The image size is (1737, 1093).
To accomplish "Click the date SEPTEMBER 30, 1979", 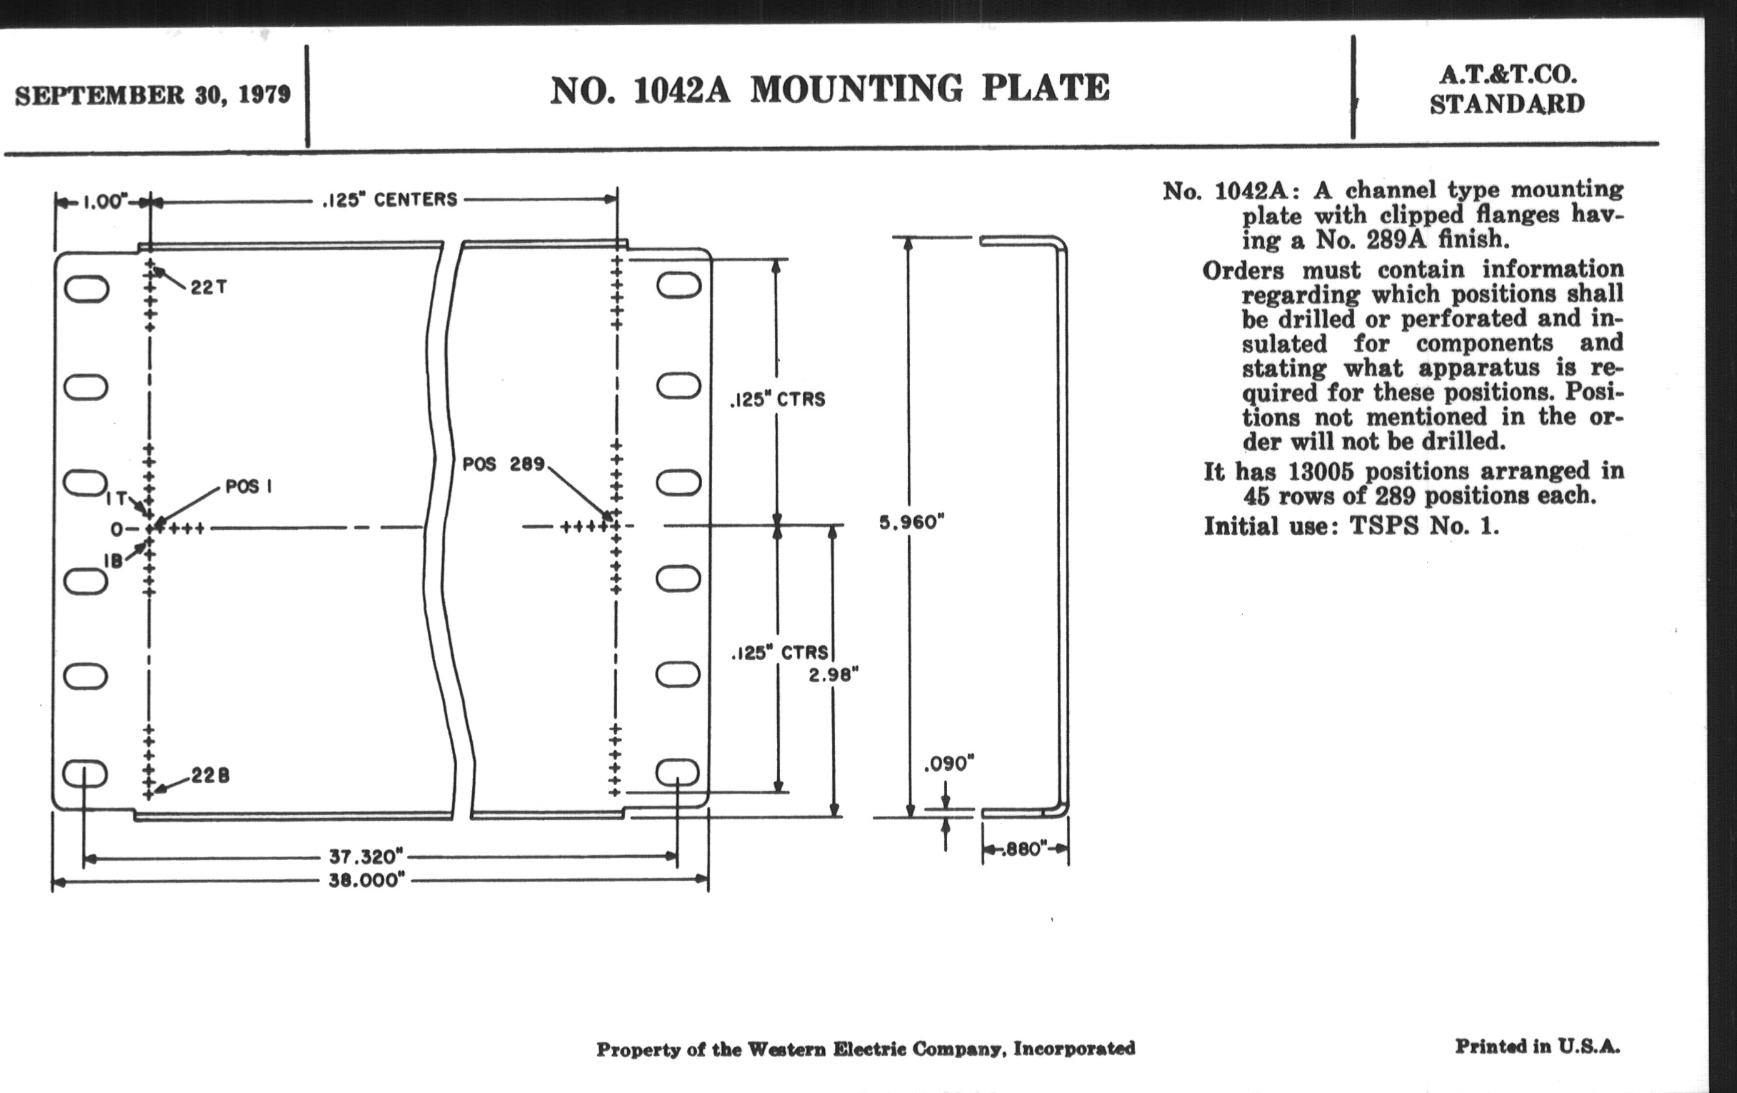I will pos(152,95).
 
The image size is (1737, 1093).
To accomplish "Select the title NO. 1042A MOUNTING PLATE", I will pos(829,89).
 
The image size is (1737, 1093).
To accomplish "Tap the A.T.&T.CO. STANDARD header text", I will pos(1508,89).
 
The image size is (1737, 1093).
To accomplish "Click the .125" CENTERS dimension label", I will pos(389,199).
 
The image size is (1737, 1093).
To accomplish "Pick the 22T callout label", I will pos(209,287).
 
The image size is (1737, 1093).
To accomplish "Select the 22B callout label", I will pos(210,776).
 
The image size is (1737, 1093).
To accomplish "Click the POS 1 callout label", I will pos(248,486).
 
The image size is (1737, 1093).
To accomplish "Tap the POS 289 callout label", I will pos(503,464).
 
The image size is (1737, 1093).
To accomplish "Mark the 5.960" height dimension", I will pos(912,521).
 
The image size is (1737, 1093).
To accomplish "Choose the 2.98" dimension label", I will pos(834,674).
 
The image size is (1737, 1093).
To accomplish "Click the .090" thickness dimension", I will pos(948,763).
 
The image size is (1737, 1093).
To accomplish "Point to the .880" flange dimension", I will pos(1024,849).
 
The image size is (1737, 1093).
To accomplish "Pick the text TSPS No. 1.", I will pos(1423,525).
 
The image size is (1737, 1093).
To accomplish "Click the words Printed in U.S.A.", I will pos(1537,1046).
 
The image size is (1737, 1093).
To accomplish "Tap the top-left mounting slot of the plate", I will pos(86,289).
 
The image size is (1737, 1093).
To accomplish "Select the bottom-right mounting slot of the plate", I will pos(678,773).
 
